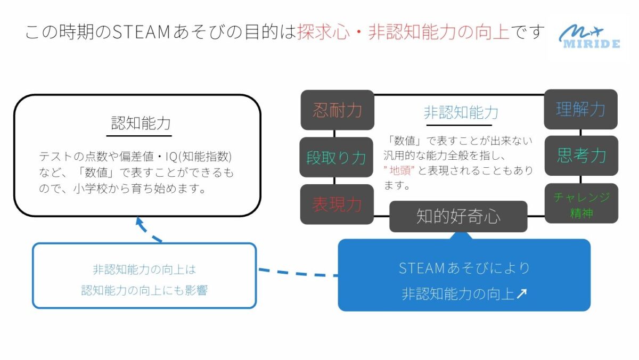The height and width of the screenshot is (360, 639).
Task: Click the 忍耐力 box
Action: (x=336, y=110)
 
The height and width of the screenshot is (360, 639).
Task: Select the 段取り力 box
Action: (x=336, y=157)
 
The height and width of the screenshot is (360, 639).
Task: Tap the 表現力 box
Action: (x=337, y=204)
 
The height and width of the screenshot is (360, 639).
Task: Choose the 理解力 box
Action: (x=580, y=109)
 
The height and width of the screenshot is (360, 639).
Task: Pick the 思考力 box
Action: (x=581, y=156)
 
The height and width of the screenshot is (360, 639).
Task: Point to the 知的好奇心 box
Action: (x=458, y=216)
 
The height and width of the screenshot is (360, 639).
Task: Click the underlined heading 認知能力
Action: (x=141, y=124)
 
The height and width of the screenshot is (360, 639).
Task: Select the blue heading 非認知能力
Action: (x=461, y=112)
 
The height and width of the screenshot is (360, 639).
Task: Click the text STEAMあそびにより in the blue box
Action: (x=464, y=268)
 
